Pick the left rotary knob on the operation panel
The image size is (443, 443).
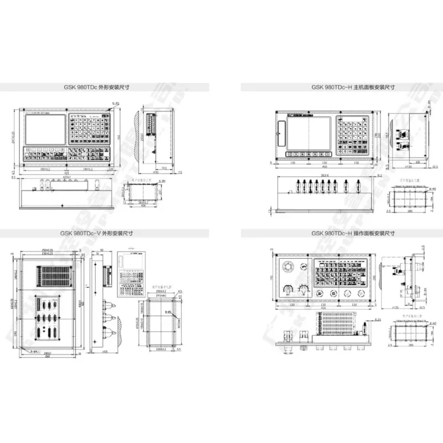(x=289, y=289)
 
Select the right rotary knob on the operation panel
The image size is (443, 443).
(x=303, y=289)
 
